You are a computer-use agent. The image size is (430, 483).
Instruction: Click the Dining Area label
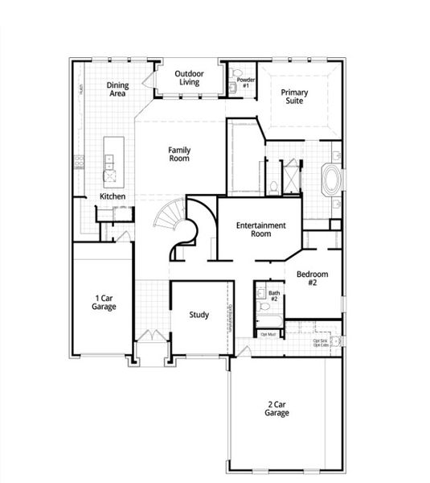[x=118, y=89]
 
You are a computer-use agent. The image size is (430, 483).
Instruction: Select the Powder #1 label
[x=246, y=83]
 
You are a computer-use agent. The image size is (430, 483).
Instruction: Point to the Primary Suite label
[x=294, y=97]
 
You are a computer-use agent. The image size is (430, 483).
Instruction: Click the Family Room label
[x=178, y=155]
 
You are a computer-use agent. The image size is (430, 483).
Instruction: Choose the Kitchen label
[x=112, y=196]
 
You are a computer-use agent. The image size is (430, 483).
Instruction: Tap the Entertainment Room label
[x=260, y=230]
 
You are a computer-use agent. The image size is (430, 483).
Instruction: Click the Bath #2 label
[x=274, y=296]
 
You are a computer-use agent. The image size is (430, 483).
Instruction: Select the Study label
[x=199, y=315]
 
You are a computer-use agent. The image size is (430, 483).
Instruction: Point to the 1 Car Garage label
[x=104, y=302]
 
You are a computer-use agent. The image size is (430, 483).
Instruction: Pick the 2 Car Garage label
[x=276, y=408]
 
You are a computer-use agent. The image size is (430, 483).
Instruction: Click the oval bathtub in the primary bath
[x=330, y=180]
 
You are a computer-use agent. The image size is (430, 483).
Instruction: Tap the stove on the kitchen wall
[x=80, y=161]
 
